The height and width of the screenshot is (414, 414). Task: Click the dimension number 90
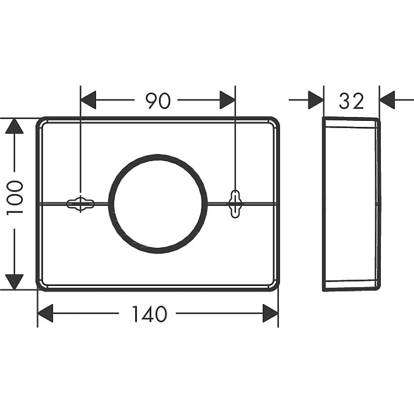point(158,100)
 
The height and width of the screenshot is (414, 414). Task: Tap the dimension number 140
point(150,314)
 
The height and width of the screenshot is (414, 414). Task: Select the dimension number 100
point(15,198)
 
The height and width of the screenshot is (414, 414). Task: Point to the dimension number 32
point(352,101)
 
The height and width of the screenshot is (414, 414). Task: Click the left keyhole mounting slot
point(81,204)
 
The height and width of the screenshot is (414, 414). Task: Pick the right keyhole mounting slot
point(235,204)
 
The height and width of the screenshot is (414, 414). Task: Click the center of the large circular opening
point(158,204)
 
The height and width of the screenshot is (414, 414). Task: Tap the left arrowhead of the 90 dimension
point(88,100)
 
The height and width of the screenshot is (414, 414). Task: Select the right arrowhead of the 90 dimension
point(227,100)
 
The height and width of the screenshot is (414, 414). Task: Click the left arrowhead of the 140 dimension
point(45,313)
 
